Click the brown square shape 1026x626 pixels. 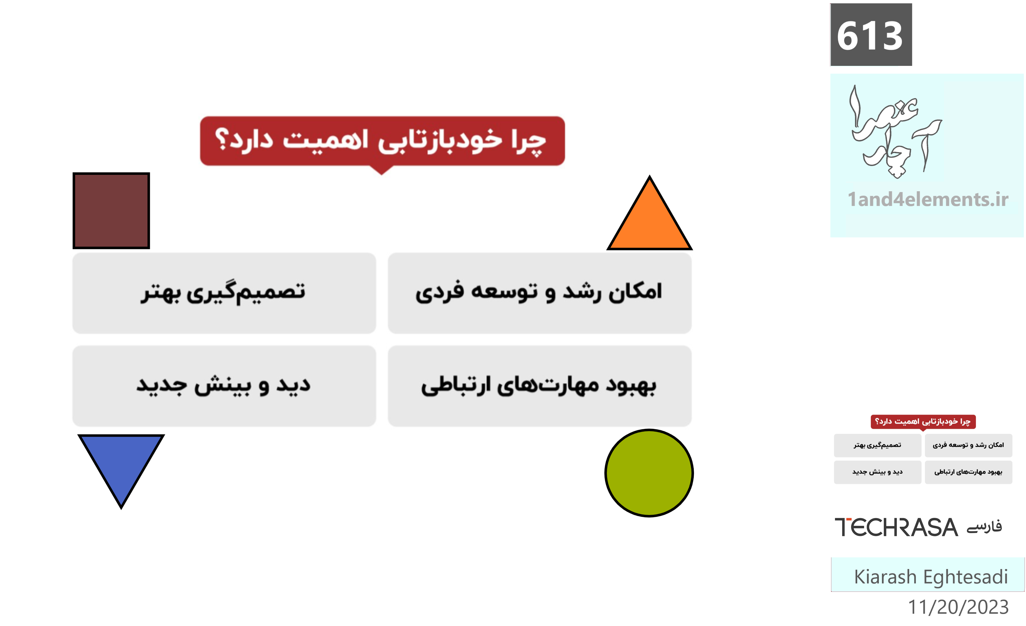point(111,211)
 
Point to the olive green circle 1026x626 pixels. point(649,473)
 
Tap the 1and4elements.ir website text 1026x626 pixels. point(928,199)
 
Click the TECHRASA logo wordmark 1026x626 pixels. point(896,527)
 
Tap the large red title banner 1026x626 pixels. point(382,141)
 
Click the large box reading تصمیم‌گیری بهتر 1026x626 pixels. point(224,293)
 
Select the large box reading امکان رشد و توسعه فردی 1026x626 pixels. point(540,293)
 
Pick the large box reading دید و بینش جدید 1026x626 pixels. point(224,386)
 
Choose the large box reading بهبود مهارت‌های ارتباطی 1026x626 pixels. point(540,386)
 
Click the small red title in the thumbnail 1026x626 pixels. point(923,422)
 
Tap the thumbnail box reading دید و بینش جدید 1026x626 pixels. point(877,472)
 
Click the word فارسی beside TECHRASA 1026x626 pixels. point(984,527)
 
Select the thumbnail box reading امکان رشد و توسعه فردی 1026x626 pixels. point(968,445)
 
